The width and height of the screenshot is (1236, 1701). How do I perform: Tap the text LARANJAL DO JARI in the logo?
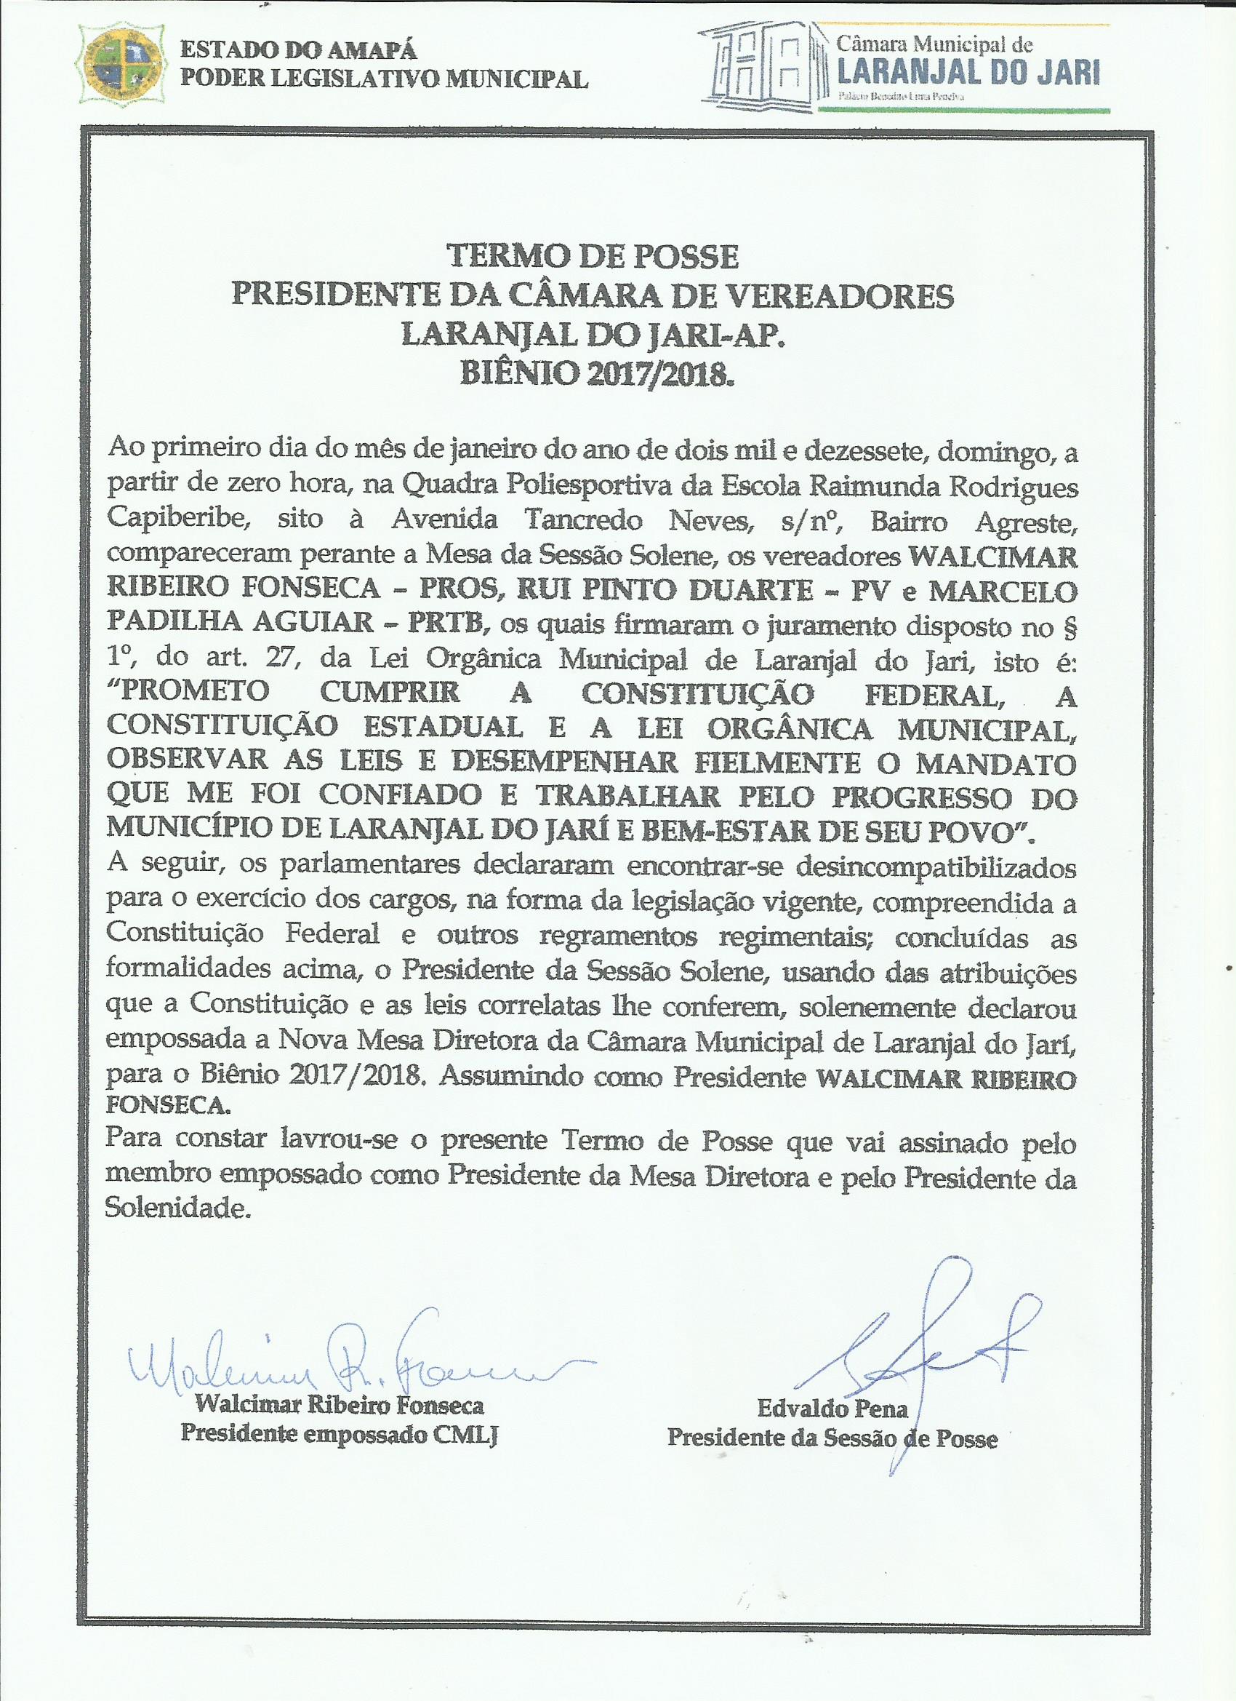[x=968, y=73]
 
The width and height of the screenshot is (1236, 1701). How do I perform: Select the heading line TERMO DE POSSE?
[x=593, y=257]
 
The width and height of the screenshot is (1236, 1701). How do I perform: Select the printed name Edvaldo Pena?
[x=832, y=1409]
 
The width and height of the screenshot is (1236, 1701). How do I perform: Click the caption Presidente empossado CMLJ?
[x=340, y=1434]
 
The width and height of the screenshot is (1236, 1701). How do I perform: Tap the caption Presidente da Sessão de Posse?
[x=832, y=1438]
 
